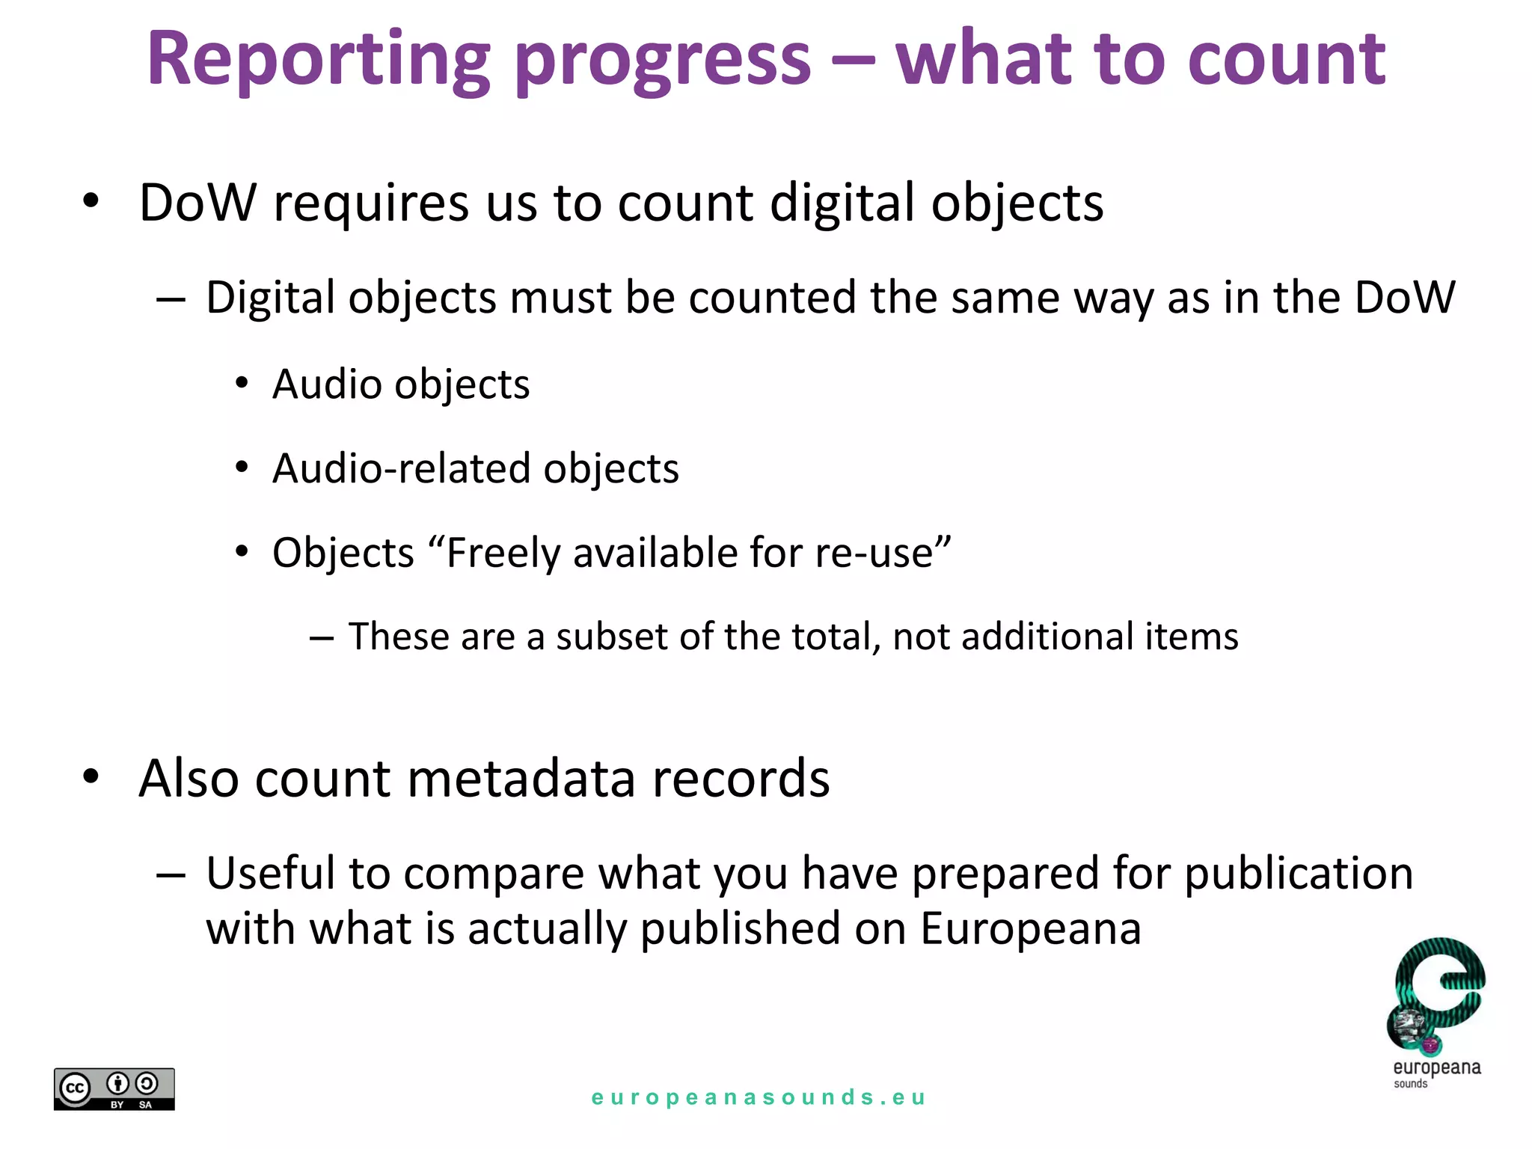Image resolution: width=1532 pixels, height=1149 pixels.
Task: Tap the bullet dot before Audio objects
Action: pos(241,383)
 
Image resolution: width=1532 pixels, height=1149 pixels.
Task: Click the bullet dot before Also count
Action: pos(91,776)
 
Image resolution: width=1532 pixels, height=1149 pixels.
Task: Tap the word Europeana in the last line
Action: pos(1031,929)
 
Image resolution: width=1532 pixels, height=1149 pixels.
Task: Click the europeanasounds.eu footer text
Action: pos(759,1097)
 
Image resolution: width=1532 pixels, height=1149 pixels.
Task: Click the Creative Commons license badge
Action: pos(114,1088)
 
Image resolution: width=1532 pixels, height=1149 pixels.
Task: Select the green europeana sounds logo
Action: pos(1436,1010)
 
